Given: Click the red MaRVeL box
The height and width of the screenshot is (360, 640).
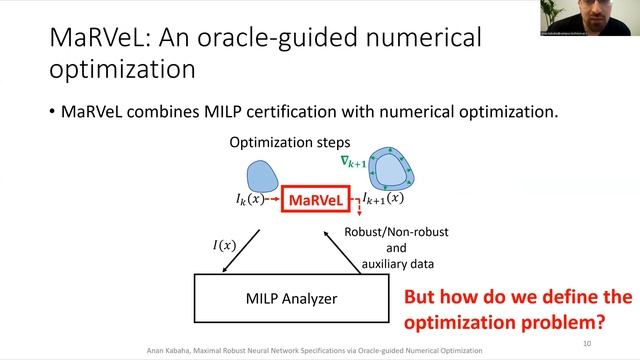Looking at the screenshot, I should (x=317, y=201).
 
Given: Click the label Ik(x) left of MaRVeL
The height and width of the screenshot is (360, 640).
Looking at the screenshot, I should (x=250, y=200).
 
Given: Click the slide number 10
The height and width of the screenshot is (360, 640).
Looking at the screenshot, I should (x=586, y=343).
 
